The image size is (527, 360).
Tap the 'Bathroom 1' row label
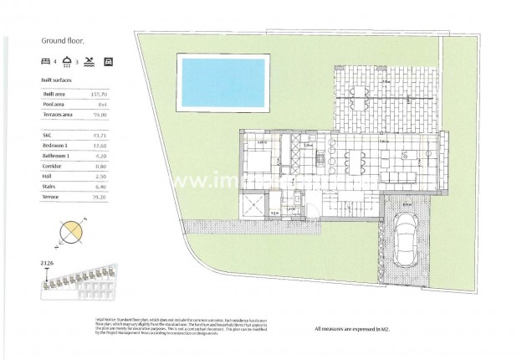(x=59, y=156)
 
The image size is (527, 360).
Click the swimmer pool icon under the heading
(x=90, y=61)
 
